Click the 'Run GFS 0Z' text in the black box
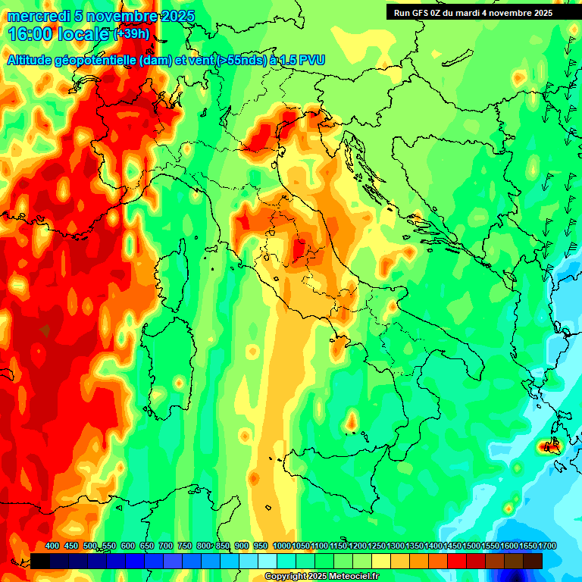[421, 13]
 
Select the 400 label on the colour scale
[52, 546]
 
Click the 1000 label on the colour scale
[282, 546]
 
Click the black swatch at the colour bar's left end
[41, 561]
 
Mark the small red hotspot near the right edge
[549, 446]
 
